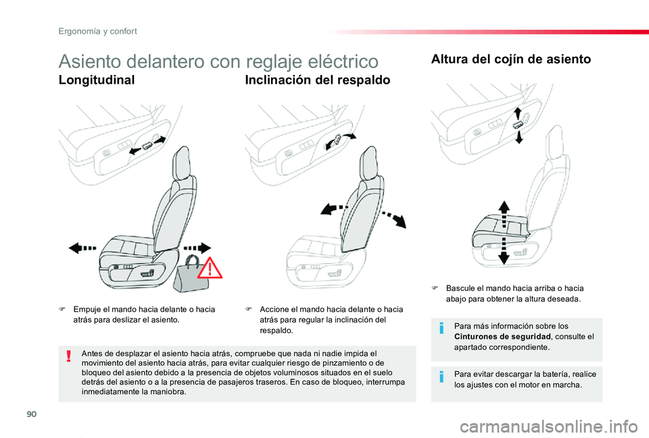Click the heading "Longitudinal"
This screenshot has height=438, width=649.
coord(97,80)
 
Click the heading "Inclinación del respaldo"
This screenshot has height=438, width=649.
coord(318,80)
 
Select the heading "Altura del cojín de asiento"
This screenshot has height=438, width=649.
coord(511,59)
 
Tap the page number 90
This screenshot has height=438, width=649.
coord(32,414)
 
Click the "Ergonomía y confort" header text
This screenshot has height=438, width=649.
coord(97,32)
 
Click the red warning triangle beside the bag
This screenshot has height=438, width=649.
coord(210,268)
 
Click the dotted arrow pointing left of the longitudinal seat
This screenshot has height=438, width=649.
coord(82,248)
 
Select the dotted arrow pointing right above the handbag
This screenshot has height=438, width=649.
coord(197,248)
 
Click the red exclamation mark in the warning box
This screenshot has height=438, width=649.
coord(69,356)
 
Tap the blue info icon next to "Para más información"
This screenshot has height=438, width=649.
coord(441,329)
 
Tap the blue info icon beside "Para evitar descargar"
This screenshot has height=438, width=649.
coord(441,377)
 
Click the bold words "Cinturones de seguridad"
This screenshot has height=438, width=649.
coord(502,336)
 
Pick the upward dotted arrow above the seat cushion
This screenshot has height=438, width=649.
coord(504,214)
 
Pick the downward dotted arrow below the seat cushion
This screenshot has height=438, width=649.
coord(504,250)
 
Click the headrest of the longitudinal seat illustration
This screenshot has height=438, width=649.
coord(181,163)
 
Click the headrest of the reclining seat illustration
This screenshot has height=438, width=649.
coord(368,163)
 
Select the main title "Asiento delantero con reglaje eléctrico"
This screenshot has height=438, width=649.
coord(218,61)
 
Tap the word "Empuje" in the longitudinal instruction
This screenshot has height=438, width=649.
coord(86,310)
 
